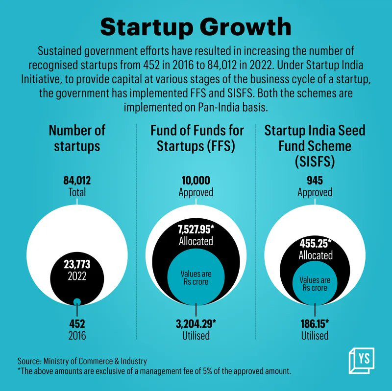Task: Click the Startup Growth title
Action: click(196, 27)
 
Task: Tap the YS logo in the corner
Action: click(362, 361)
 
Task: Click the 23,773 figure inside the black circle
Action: click(77, 264)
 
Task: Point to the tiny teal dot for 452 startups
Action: click(77, 301)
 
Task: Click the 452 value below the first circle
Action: click(77, 324)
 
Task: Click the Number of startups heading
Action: click(77, 138)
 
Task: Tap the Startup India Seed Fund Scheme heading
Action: click(315, 146)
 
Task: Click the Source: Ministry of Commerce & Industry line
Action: click(82, 361)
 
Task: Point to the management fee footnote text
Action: click(154, 371)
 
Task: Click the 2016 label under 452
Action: click(77, 336)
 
